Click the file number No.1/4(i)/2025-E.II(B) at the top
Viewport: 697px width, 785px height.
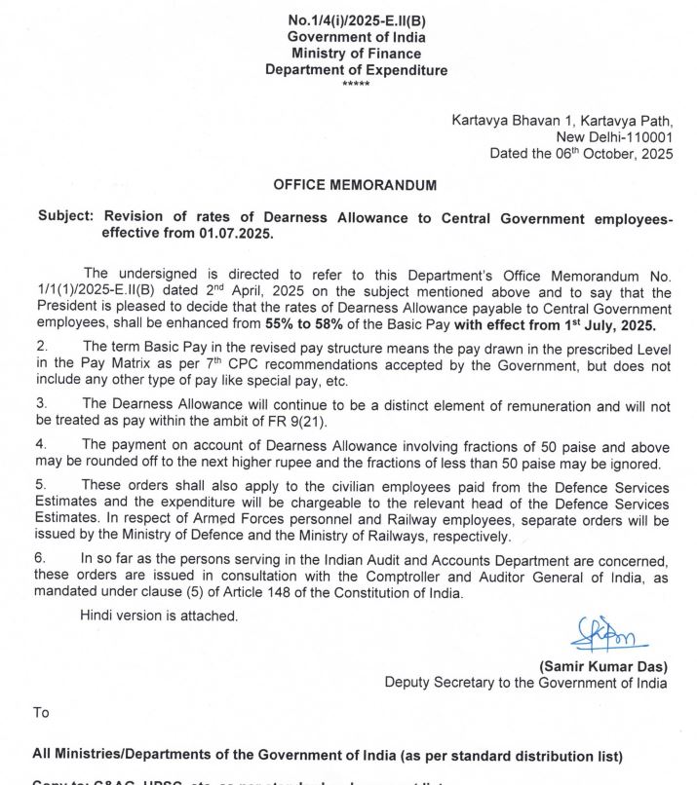pos(357,20)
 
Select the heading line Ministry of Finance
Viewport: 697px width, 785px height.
pos(357,54)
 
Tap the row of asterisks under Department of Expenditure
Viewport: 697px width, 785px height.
pos(357,85)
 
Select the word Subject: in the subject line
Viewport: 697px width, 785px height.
pos(65,218)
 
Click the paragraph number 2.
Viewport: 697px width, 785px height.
pos(42,347)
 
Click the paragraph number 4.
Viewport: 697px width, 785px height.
pos(42,445)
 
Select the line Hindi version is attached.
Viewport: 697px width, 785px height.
pos(160,616)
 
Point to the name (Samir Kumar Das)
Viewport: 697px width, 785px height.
pos(603,667)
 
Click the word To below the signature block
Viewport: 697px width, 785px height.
pos(41,712)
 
